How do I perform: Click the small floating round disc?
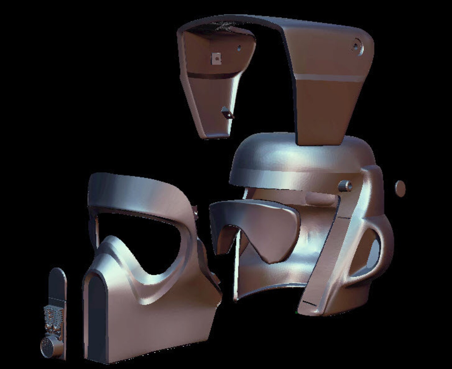coord(400,188)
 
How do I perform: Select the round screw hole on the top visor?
coord(356,46)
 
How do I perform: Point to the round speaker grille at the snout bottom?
coord(47,346)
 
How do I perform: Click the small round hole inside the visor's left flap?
coord(240,49)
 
